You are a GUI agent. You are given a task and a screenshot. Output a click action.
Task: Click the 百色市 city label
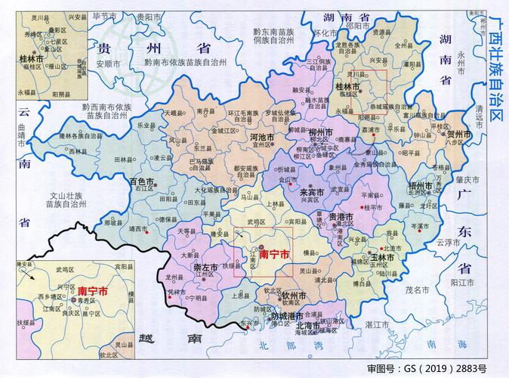coord(142,182)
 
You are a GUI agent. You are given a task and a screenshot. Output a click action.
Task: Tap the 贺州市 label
coord(458,134)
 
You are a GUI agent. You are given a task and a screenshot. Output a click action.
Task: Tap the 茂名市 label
coord(416,290)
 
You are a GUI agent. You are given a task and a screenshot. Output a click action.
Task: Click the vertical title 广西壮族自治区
coord(495,68)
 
